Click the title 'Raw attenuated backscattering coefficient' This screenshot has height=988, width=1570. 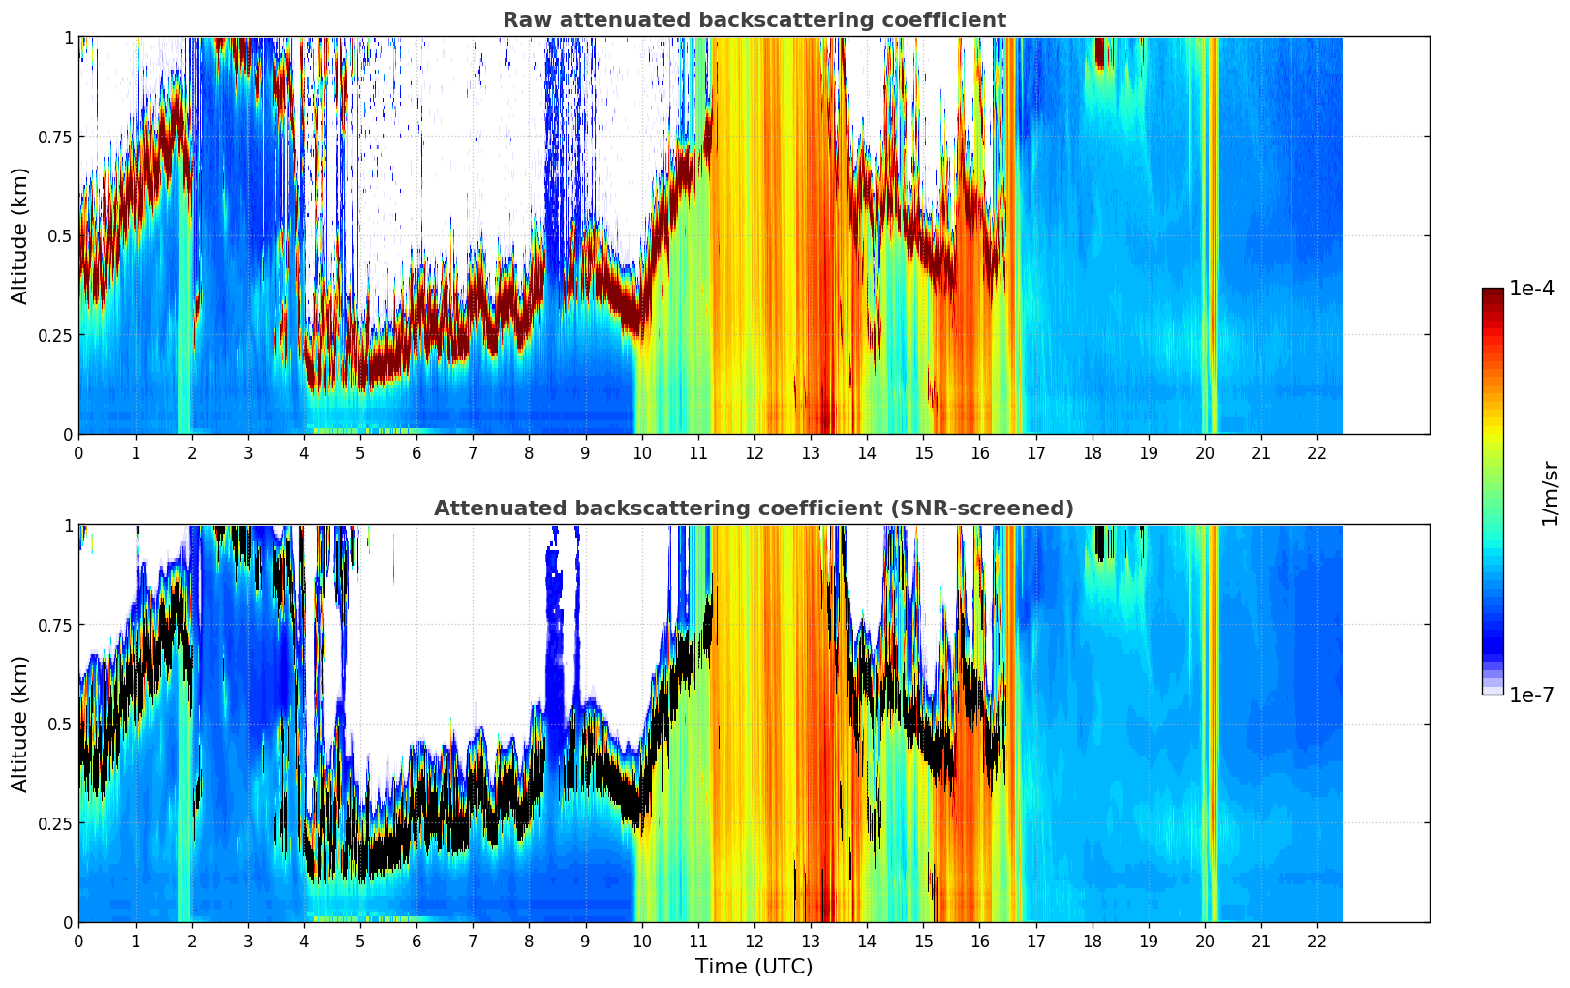coord(754,20)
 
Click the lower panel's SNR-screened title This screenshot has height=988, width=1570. coord(754,509)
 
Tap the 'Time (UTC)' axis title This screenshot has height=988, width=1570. coord(754,967)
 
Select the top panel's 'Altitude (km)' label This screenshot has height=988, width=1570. coord(20,235)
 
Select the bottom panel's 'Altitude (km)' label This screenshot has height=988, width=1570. coord(20,724)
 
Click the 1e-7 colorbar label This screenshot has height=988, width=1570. coord(1531,695)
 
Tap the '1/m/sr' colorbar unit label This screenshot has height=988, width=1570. coord(1550,493)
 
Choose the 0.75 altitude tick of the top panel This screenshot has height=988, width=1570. coord(54,137)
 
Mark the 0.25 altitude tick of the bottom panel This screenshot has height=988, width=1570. coord(54,823)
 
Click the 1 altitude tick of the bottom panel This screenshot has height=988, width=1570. coord(68,525)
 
